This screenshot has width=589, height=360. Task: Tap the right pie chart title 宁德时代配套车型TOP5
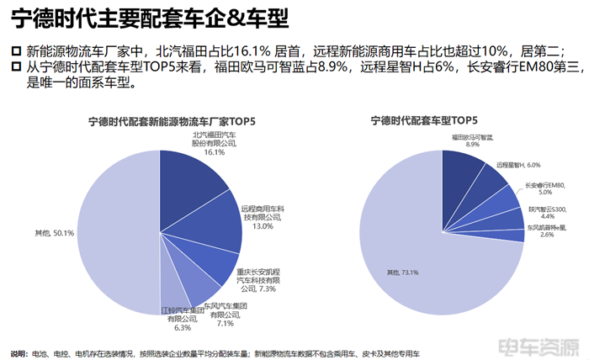click(424, 122)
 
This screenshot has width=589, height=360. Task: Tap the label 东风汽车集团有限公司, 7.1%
click(228, 312)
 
